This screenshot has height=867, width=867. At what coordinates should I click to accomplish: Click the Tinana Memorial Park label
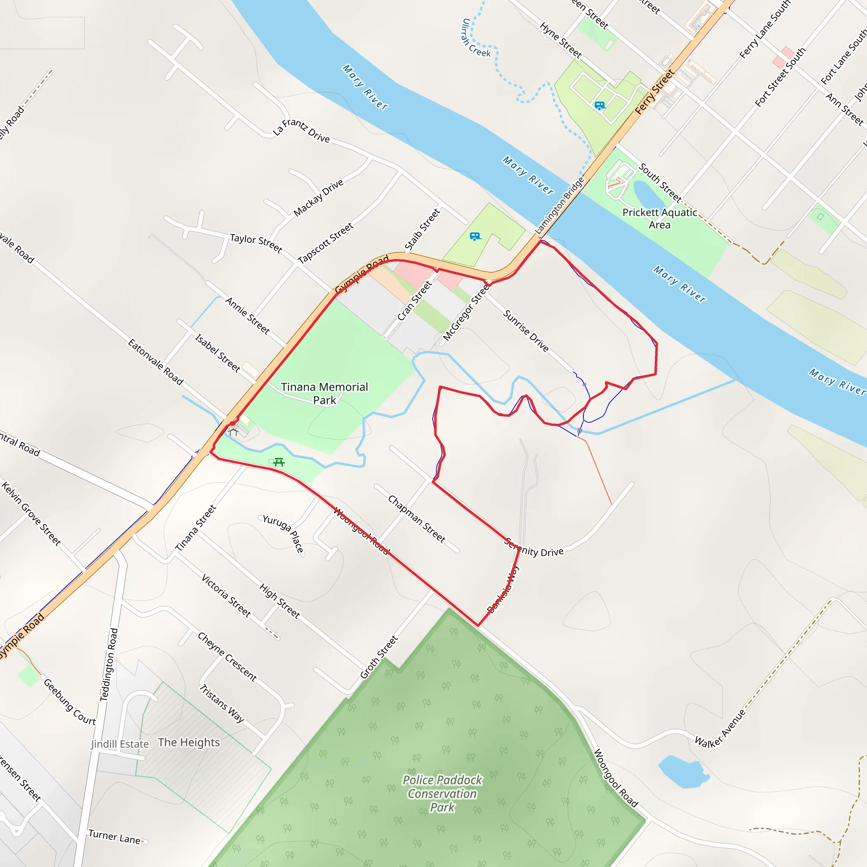pos(324,393)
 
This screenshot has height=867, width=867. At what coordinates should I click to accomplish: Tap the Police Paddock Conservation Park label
pos(442,793)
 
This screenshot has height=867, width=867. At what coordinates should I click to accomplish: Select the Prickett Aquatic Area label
pos(659,218)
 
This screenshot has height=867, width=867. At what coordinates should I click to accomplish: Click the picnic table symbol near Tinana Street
pos(279,462)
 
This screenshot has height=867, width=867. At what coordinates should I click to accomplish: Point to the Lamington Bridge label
pos(560,205)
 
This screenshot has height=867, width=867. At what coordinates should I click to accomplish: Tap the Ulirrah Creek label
pos(475,39)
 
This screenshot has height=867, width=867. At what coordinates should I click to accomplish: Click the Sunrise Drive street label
pos(525,331)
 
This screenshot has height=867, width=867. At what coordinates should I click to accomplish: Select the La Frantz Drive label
pos(301,130)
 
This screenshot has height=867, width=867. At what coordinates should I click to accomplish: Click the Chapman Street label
pos(417,519)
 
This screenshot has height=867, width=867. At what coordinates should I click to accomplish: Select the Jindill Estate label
pos(120,744)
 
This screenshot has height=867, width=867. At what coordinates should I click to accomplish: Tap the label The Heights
pos(189,742)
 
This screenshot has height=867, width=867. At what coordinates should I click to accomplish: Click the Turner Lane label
pos(114,837)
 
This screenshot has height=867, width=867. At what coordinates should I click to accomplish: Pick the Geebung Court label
pos(69,702)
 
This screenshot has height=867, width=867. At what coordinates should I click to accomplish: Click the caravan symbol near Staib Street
pos(475,237)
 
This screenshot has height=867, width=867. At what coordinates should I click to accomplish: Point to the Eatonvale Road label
pos(155,362)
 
